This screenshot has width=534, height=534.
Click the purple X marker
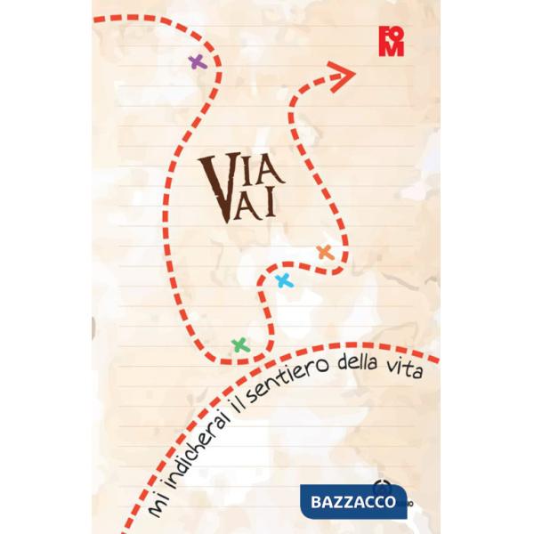(x=197, y=61)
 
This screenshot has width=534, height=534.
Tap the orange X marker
(x=325, y=252)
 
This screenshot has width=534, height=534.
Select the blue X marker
(x=284, y=281)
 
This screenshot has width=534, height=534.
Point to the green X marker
(x=239, y=344)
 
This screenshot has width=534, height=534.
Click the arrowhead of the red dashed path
(x=343, y=75)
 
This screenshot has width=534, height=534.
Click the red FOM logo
(x=390, y=42)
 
